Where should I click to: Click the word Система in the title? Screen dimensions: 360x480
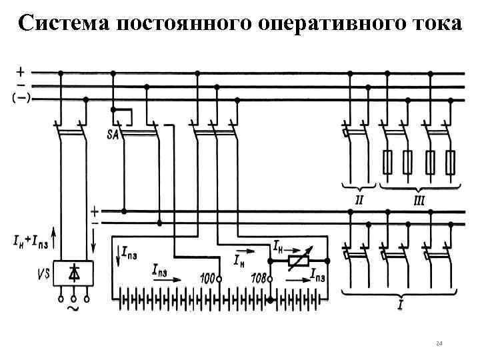pos(62,23)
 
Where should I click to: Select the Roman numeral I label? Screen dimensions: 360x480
pos(399,306)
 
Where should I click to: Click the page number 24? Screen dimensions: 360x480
pos(438,343)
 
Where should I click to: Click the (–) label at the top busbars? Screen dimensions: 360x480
pos(20,99)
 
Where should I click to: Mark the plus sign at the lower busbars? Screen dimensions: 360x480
pos(95,209)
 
